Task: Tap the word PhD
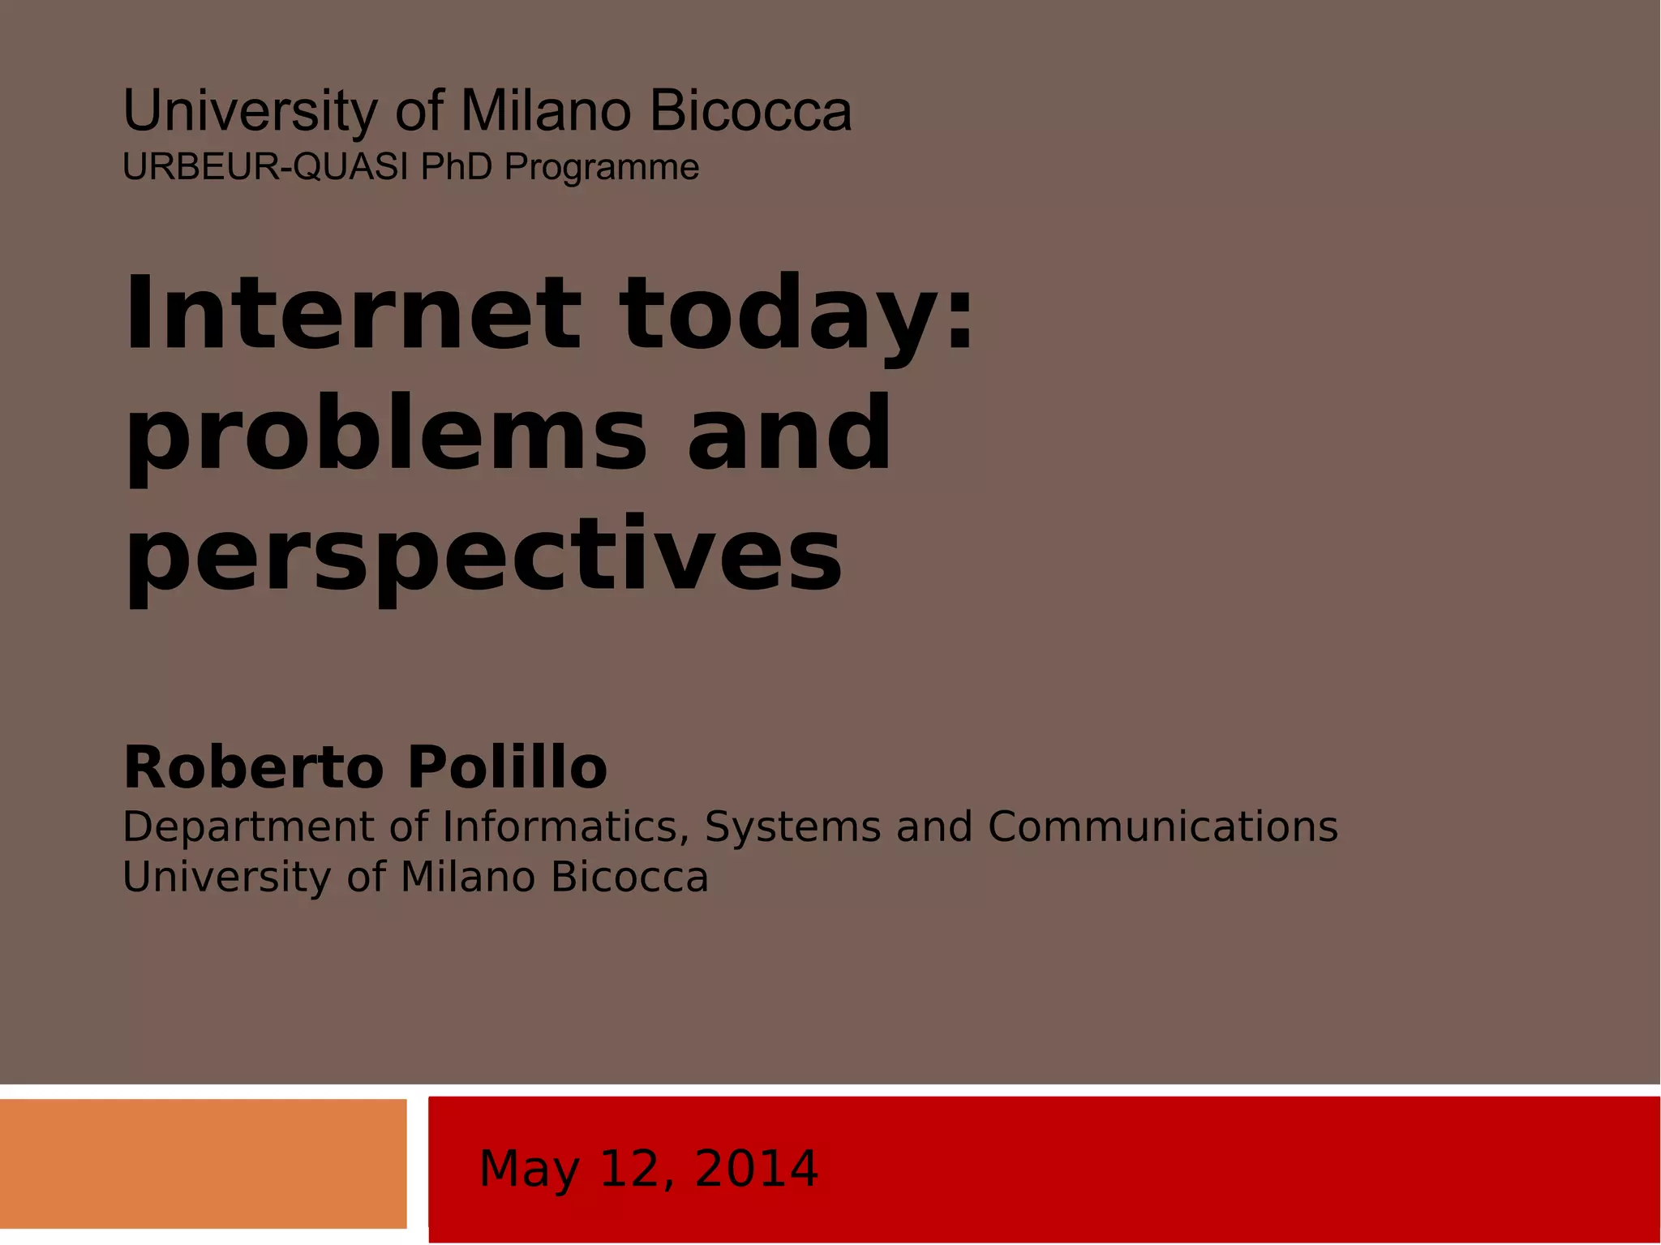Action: [456, 167]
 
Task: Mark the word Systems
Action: [792, 828]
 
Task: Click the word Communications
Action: [1162, 827]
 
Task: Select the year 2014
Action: [756, 1169]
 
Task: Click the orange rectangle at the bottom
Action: [203, 1164]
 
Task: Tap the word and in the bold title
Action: [789, 433]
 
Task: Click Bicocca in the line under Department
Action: [629, 878]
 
